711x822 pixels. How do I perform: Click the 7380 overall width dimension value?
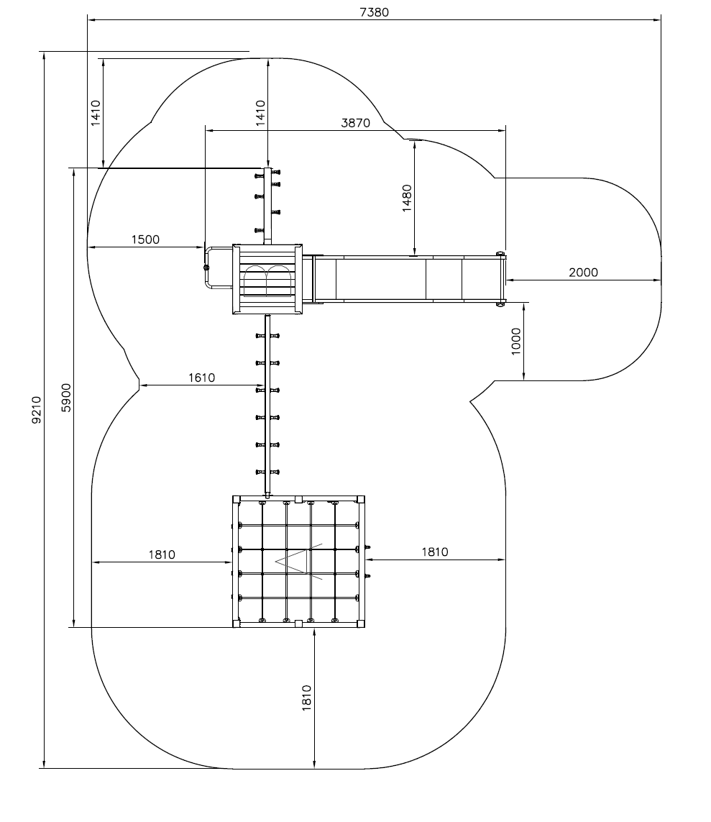pyautogui.click(x=374, y=12)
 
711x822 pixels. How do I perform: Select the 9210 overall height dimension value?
pyautogui.click(x=37, y=410)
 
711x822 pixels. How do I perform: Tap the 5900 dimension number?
pyautogui.click(x=66, y=398)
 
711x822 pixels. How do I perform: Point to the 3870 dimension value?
pyautogui.click(x=355, y=123)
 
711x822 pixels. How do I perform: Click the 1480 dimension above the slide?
pyautogui.click(x=407, y=198)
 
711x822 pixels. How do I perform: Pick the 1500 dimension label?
pyautogui.click(x=145, y=239)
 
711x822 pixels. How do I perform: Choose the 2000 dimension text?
pyautogui.click(x=583, y=273)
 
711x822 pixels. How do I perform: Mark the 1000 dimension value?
pyautogui.click(x=516, y=342)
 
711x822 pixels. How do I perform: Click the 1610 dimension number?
pyautogui.click(x=201, y=378)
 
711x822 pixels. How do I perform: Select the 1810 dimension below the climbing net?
pyautogui.click(x=306, y=698)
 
